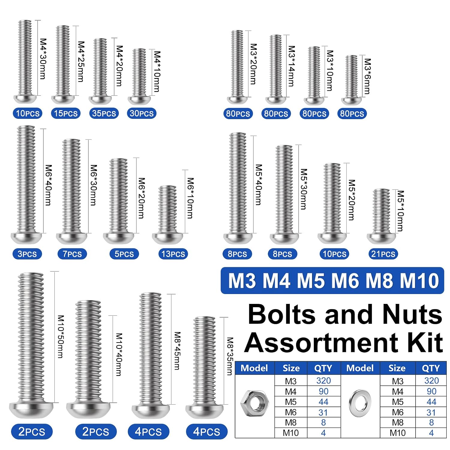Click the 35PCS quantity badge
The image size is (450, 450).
pos(104,113)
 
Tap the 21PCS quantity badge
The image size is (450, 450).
pos(383,254)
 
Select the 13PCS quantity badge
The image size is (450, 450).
pos(173,254)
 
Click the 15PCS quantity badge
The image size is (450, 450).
pos(66,113)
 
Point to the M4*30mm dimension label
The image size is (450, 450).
pos(43,59)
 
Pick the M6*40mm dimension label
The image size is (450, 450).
pos(48,185)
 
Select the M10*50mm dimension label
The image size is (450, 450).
pos(61,336)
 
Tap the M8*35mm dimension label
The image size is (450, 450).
pos(230,356)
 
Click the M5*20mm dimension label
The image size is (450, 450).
pos(352,200)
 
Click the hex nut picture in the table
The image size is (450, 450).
pos(254,403)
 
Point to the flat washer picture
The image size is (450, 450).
pos(360,403)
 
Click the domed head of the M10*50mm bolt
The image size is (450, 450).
pos(31,409)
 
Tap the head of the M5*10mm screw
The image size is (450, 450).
pos(382,238)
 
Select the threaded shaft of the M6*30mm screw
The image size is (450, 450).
pos(71,186)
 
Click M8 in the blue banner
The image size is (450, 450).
pos(379,281)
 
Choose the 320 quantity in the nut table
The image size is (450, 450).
pos(323,381)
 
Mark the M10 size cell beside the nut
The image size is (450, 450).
pos(291,433)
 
